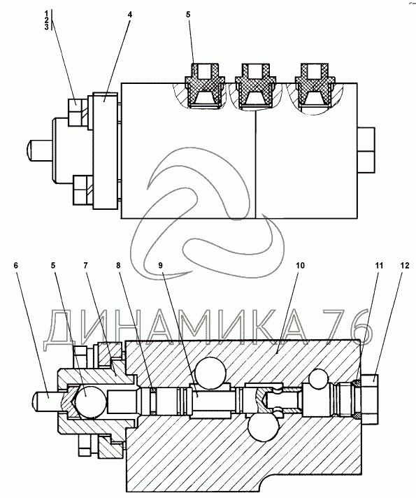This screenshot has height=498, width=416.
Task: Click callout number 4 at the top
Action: (130, 15)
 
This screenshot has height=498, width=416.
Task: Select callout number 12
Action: (405, 266)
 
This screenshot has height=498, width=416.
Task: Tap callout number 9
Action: (160, 266)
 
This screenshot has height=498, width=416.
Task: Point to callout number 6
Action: (16, 266)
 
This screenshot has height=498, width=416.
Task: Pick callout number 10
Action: (301, 266)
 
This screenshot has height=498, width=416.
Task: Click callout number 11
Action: (380, 266)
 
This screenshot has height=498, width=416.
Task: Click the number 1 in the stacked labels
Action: (46, 14)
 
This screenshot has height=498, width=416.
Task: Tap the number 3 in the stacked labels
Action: (46, 27)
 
